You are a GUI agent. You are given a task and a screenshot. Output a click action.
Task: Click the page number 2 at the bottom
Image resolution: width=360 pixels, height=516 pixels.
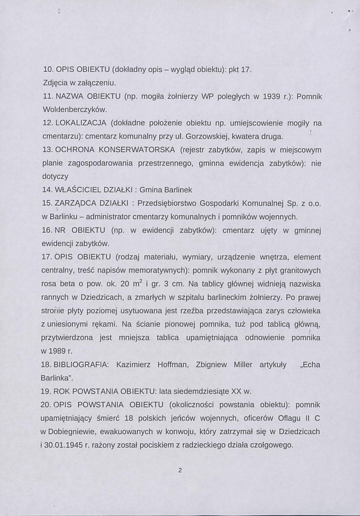tap(181, 470)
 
